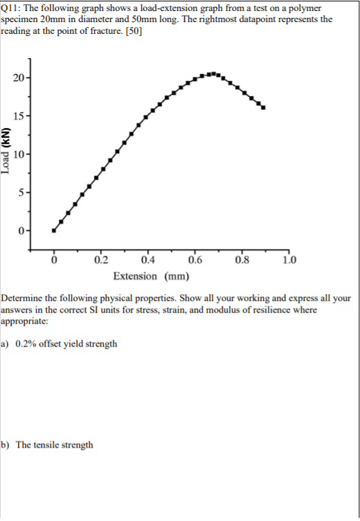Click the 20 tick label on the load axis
tap(19, 78)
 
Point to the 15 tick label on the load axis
tap(19, 116)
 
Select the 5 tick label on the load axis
tap(21, 192)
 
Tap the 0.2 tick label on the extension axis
tap(101, 260)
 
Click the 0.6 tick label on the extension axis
tap(195, 260)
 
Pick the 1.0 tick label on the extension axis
tap(289, 260)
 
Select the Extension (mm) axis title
tap(151, 276)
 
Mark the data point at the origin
tap(54, 230)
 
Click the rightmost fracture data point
tap(263, 107)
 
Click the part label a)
tap(5, 344)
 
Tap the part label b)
tap(5, 445)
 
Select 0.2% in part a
tap(26, 344)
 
